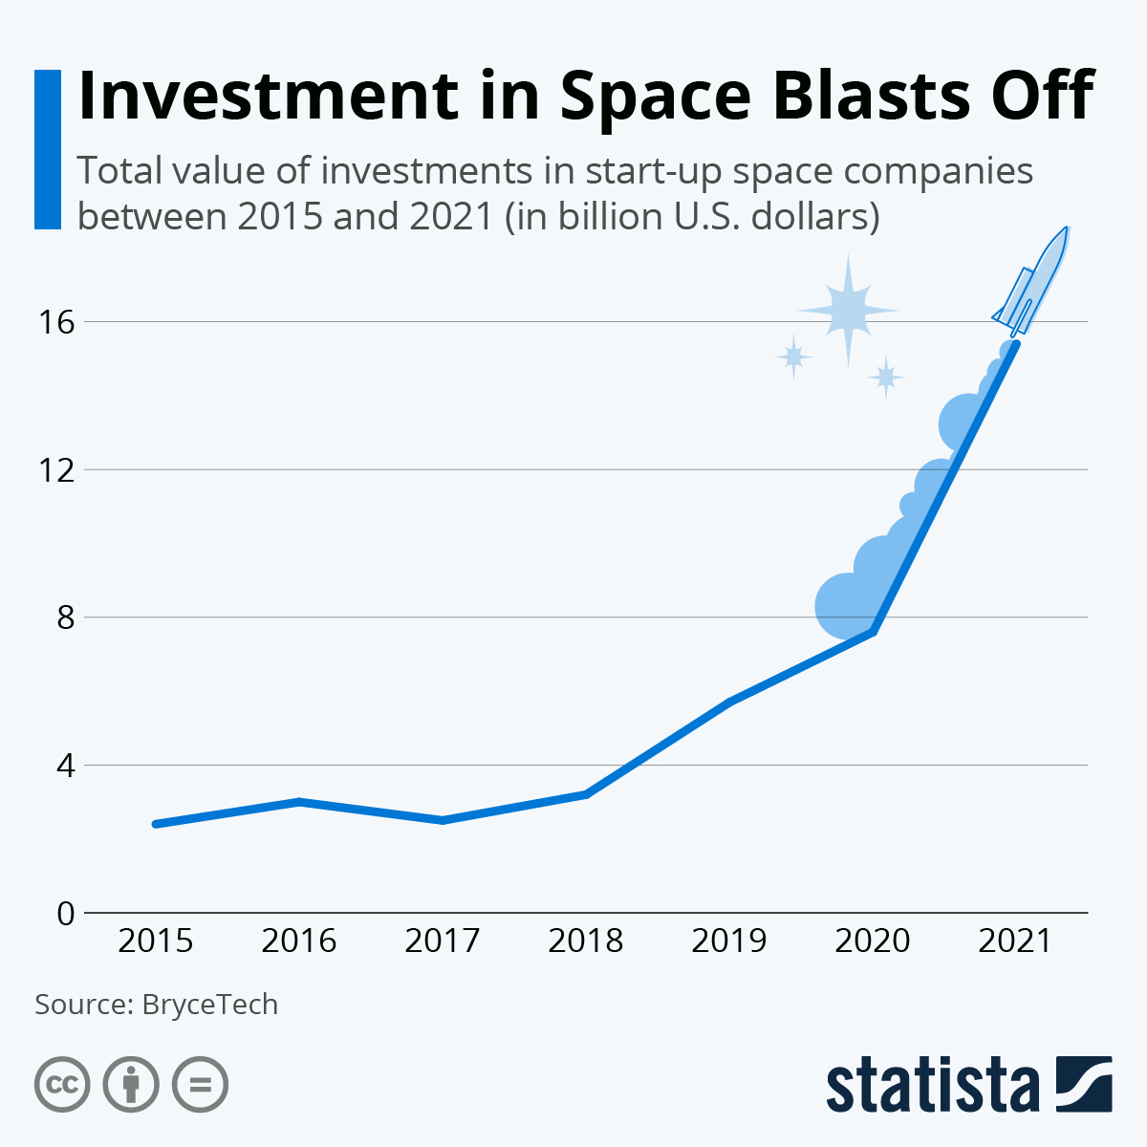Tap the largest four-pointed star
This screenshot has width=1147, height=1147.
848,310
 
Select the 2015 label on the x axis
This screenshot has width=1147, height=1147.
155,941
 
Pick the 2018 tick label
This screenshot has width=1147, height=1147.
585,941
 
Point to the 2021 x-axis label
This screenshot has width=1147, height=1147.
1015,941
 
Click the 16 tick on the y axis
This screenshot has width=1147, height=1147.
55,322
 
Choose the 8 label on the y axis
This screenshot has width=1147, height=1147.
64,617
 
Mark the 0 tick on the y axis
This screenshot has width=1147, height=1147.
64,914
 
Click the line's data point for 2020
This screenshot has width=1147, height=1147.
873,632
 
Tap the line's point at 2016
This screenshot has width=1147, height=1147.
299,801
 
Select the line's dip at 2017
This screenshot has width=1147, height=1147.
443,820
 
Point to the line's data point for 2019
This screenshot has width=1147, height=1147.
729,703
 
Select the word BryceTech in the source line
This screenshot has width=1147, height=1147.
209,1005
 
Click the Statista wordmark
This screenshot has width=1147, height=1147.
932,1085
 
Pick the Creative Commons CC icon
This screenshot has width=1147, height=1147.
62,1085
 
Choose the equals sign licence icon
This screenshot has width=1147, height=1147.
200,1085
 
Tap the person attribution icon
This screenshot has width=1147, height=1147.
131,1085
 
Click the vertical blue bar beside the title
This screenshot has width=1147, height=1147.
47,149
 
